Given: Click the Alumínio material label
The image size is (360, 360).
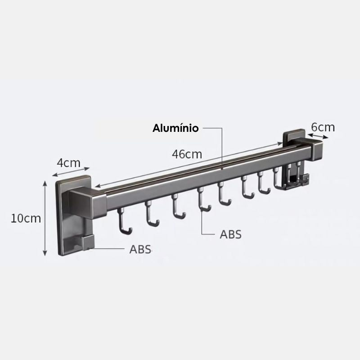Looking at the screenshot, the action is pyautogui.click(x=175, y=128).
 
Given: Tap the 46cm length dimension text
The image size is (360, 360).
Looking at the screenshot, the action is pyautogui.click(x=187, y=154).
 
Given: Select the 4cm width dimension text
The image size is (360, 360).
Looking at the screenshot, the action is pyautogui.click(x=69, y=163).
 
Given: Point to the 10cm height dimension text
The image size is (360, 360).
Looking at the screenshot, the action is pyautogui.click(x=26, y=218).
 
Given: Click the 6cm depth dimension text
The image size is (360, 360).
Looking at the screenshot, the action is pyautogui.click(x=323, y=127).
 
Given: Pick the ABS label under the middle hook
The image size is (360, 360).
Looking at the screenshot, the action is pyautogui.click(x=230, y=234).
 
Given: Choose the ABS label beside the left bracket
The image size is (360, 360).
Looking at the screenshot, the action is pyautogui.click(x=140, y=249).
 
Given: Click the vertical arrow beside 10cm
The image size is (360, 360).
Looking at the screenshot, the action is pyautogui.click(x=45, y=218).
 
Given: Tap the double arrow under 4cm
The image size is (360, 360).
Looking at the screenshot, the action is pyautogui.click(x=71, y=172).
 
